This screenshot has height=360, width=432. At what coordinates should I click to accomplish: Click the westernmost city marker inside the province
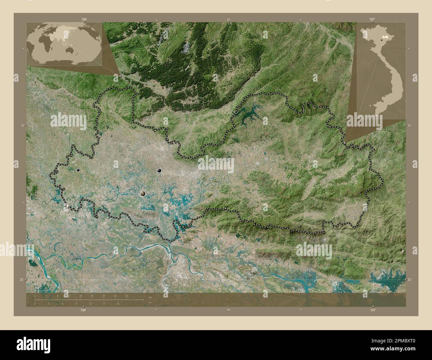[x=78, y=170]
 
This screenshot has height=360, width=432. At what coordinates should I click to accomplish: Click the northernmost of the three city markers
[x=160, y=171]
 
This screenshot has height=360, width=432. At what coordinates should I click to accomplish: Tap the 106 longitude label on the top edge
[x=84, y=20]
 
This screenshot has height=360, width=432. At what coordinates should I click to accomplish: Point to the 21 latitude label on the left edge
[x=21, y=280]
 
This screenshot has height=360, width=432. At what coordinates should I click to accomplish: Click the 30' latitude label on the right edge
[x=410, y=126]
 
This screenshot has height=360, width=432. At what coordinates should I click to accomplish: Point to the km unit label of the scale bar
[x=150, y=297]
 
